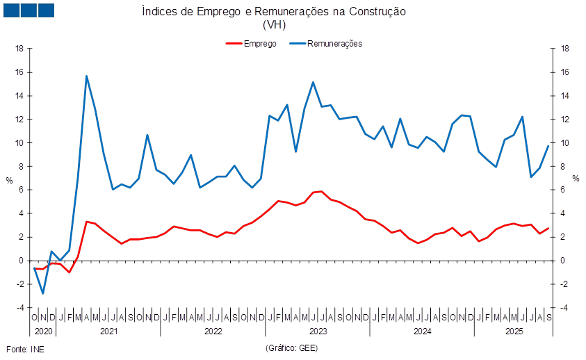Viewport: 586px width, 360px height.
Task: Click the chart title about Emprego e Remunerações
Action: click(x=274, y=12)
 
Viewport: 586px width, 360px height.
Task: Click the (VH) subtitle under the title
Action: click(x=274, y=24)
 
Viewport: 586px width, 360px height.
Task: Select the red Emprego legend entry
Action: click(x=252, y=43)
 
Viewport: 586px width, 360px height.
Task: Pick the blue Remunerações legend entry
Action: click(x=326, y=43)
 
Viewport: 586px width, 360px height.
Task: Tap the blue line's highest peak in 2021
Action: click(x=86, y=76)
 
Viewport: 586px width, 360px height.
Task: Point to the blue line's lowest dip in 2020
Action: click(x=43, y=293)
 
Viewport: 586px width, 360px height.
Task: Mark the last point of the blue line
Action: click(x=548, y=146)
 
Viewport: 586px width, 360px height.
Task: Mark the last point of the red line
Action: click(x=548, y=228)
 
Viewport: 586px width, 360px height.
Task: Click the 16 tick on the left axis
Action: click(x=20, y=72)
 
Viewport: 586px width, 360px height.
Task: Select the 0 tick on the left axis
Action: click(x=22, y=261)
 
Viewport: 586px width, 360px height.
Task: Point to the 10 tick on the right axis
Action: click(x=565, y=143)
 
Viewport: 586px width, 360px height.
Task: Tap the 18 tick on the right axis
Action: click(x=565, y=49)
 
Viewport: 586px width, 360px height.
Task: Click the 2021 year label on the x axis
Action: click(x=109, y=332)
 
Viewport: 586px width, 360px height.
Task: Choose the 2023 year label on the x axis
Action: click(x=318, y=332)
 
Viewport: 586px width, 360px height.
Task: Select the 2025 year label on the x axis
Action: click(x=514, y=332)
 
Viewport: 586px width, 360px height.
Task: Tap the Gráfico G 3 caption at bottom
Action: click(x=292, y=347)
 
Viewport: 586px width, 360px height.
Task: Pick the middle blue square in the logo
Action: click(x=29, y=10)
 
